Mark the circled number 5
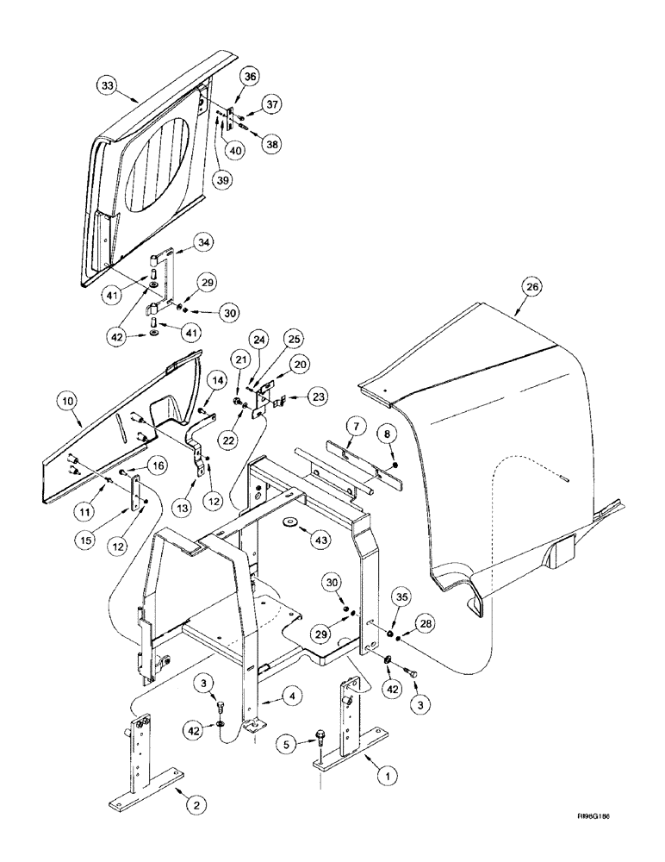pos(289,742)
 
